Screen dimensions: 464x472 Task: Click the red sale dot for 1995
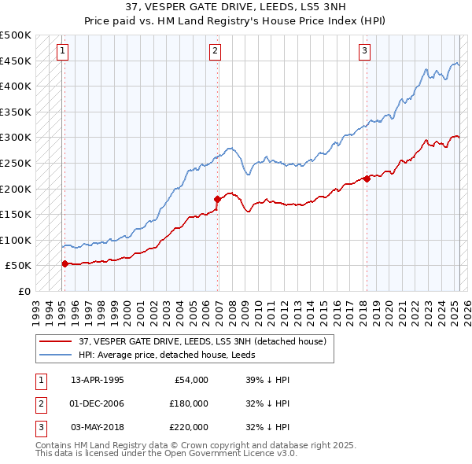point(65,263)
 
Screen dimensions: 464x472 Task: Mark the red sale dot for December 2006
point(217,199)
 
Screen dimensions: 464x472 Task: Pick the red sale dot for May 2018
point(367,179)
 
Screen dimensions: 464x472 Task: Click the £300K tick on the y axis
point(16,138)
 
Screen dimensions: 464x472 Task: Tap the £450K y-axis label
point(16,61)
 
